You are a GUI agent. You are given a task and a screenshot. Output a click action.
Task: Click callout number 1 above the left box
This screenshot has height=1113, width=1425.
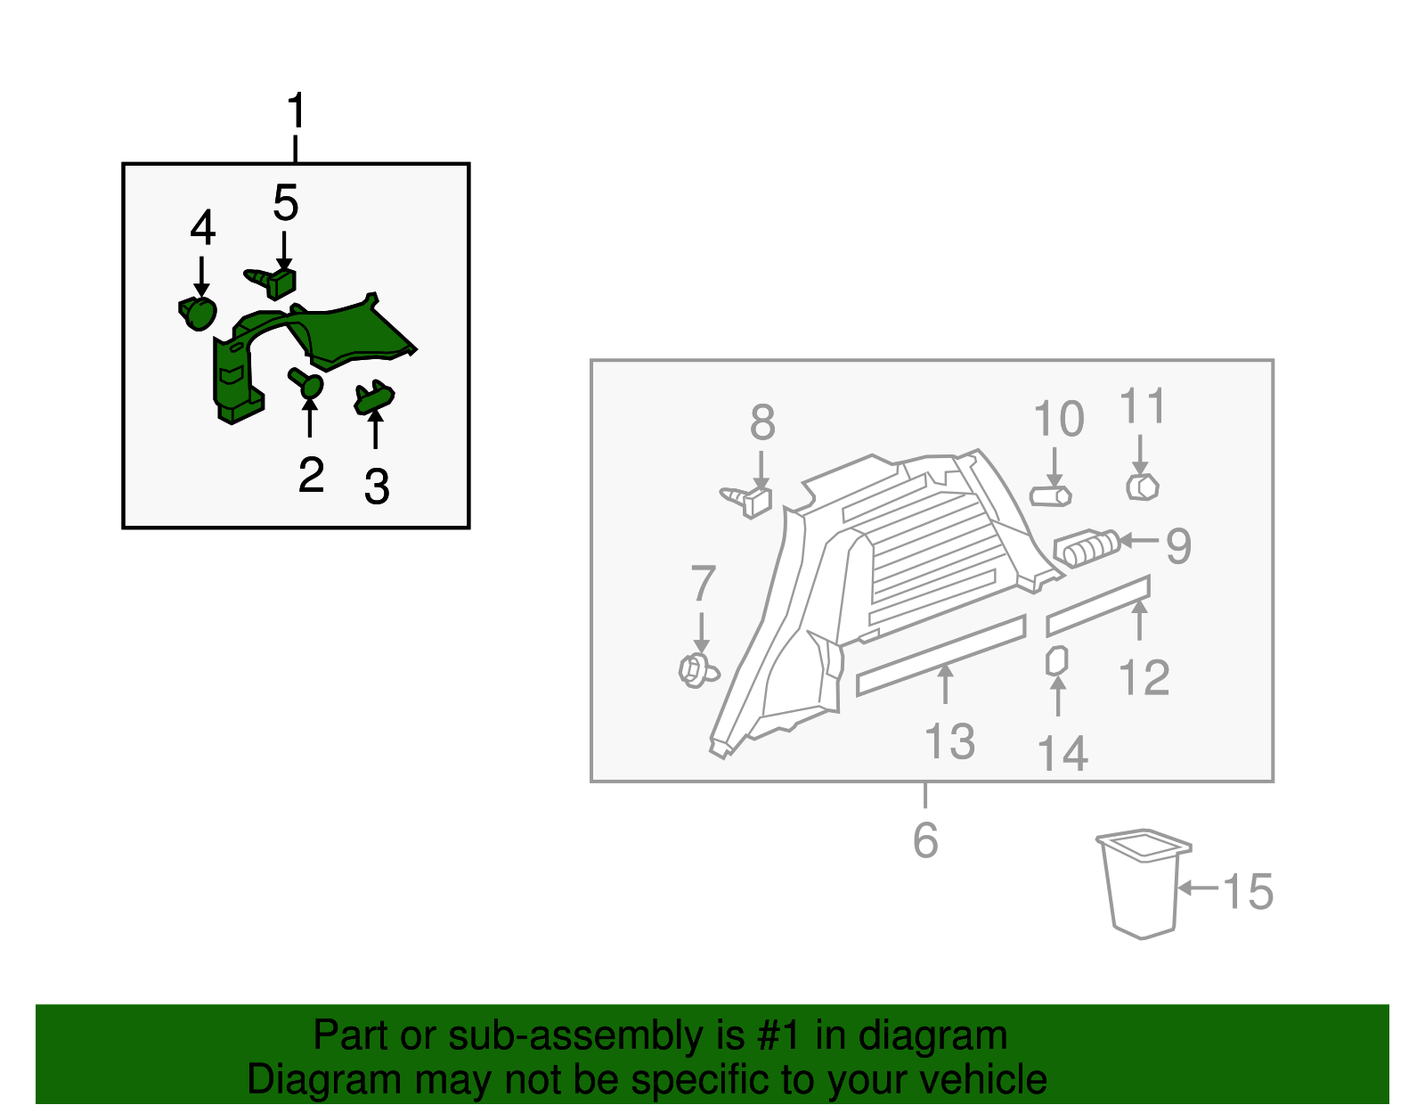297,110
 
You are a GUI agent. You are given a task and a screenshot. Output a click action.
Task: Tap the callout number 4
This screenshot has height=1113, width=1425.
203,227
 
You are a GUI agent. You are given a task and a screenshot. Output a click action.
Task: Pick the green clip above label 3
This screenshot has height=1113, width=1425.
374,397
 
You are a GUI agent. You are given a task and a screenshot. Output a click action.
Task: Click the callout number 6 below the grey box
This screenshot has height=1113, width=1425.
925,840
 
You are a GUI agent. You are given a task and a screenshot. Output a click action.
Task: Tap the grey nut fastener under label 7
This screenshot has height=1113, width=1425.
697,670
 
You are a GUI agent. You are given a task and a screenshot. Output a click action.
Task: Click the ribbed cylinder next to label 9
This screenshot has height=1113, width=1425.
1087,548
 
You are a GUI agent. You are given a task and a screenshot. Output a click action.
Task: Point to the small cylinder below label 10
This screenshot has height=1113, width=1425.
1050,496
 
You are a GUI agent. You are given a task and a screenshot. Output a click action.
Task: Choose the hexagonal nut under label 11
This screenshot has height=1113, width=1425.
1143,487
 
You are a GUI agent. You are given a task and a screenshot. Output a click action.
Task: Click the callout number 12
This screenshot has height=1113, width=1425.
1144,678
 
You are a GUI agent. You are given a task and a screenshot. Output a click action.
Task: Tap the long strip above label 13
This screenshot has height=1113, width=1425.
941,656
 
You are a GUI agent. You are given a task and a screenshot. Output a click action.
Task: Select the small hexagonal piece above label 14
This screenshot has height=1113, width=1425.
1056,661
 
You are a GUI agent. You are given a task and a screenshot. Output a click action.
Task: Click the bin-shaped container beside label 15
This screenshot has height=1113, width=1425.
1143,883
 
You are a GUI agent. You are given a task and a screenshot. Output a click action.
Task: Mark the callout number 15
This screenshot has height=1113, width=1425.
1248,892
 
